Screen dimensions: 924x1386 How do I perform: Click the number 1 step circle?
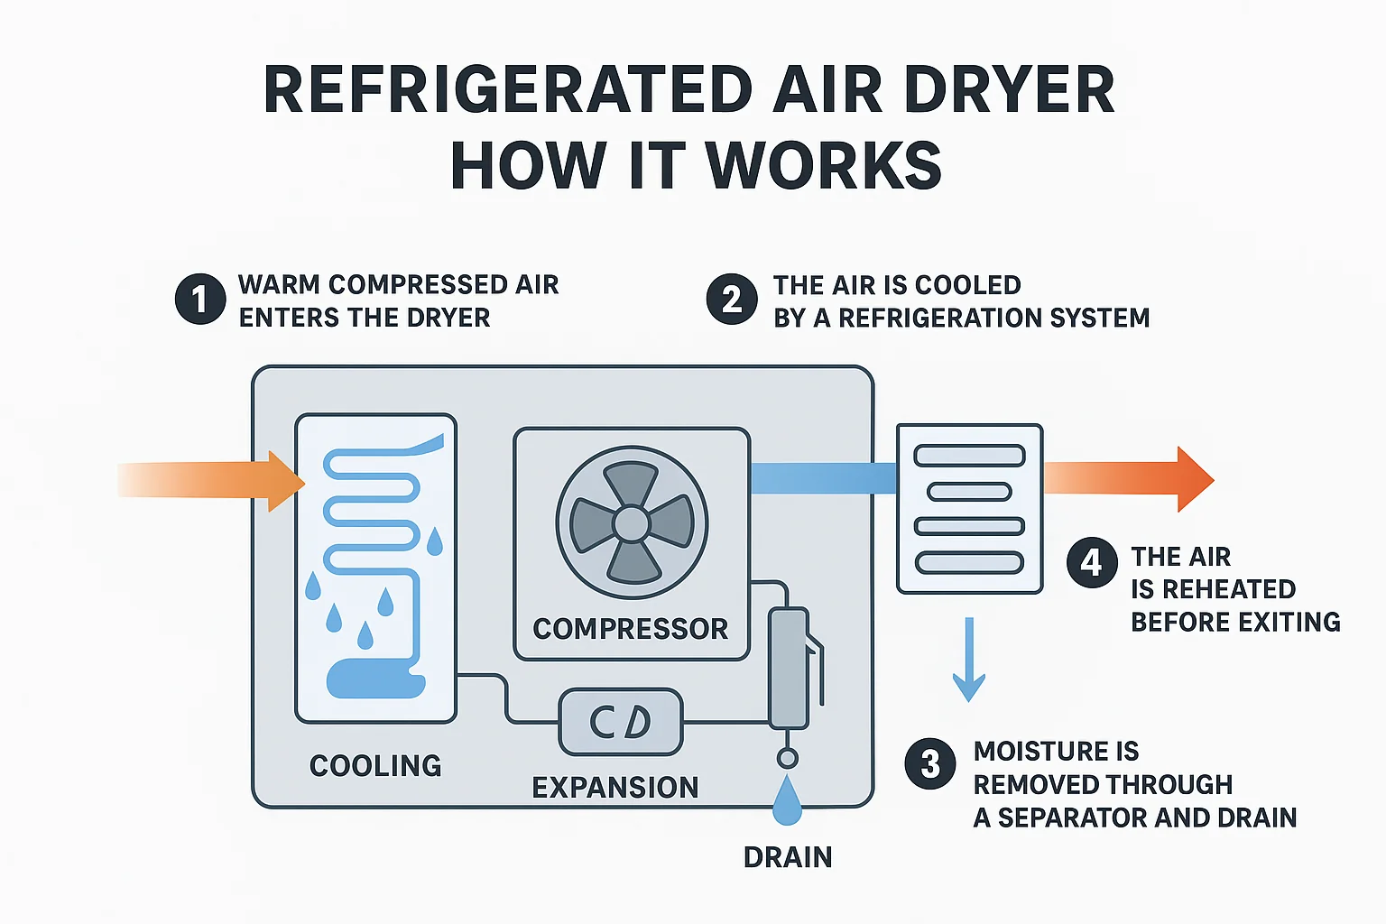pyautogui.click(x=200, y=299)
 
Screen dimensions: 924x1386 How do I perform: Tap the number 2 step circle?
pyautogui.click(x=732, y=299)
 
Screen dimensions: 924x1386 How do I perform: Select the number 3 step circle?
pyautogui.click(x=930, y=764)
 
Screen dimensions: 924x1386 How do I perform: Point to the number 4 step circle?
pyautogui.click(x=1092, y=562)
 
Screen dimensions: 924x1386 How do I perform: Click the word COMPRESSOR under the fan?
pyautogui.click(x=630, y=629)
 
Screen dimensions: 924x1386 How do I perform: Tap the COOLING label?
pyautogui.click(x=375, y=766)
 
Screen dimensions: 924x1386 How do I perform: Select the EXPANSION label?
pyautogui.click(x=615, y=788)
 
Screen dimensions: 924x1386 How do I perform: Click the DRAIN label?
pyautogui.click(x=788, y=857)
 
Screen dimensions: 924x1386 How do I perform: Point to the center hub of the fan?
pyautogui.click(x=631, y=523)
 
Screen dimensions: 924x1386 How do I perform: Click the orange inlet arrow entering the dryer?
pyautogui.click(x=217, y=480)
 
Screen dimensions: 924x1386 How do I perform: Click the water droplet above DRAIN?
pyautogui.click(x=788, y=801)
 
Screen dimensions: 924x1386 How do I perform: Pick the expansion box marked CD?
pyautogui.click(x=621, y=722)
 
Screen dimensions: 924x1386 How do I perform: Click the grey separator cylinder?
pyautogui.click(x=788, y=668)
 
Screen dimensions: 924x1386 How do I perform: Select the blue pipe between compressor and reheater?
pyautogui.click(x=822, y=478)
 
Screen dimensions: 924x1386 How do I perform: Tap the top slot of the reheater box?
pyautogui.click(x=969, y=456)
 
